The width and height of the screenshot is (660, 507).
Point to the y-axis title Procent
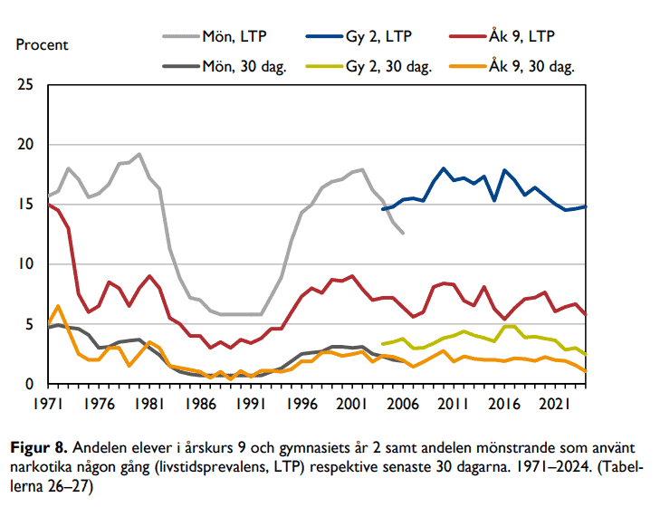point(43,44)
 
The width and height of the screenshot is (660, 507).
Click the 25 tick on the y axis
point(26,86)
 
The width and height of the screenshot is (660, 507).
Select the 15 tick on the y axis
point(26,206)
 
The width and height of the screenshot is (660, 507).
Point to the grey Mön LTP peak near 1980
point(139,155)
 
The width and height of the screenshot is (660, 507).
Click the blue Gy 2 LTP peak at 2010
point(444,168)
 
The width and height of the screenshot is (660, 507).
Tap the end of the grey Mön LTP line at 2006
point(403,234)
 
